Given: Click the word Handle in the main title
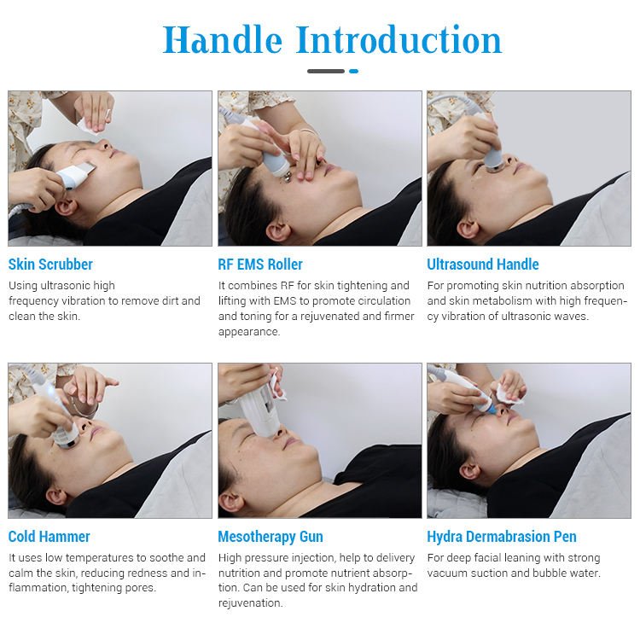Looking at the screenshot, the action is (x=222, y=39).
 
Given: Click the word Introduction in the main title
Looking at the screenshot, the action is (x=399, y=39).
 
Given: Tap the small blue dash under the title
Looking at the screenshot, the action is (x=353, y=72).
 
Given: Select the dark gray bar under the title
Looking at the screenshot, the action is (x=326, y=72).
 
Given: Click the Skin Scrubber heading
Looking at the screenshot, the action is (x=50, y=265).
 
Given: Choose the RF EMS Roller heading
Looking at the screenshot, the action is (x=260, y=265).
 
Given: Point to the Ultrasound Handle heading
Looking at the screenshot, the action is (x=483, y=265).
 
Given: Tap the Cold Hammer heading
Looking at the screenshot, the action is (x=49, y=537).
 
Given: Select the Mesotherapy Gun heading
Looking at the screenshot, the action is (x=271, y=537).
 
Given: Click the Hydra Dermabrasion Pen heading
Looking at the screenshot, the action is (x=502, y=537).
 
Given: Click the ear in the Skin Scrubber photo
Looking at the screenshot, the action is (x=66, y=208).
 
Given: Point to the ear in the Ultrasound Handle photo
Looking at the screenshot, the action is (x=468, y=230).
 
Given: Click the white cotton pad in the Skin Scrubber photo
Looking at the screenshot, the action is (x=94, y=121).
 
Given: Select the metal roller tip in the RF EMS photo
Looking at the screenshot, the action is (x=287, y=176).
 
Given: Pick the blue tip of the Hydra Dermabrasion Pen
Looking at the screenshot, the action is (x=490, y=406).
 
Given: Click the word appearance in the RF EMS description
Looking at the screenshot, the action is (x=249, y=332).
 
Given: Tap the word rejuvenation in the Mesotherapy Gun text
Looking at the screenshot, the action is (x=250, y=603).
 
